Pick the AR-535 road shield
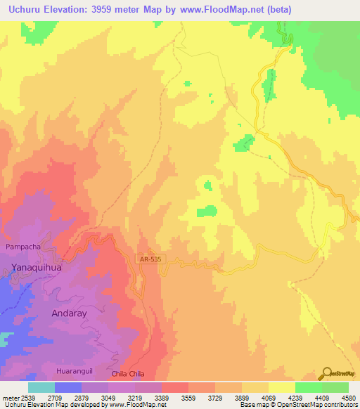click(x=147, y=259)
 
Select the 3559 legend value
click(x=187, y=397)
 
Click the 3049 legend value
click(x=108, y=397)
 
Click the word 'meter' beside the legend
click(x=10, y=397)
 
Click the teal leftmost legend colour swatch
click(x=41, y=387)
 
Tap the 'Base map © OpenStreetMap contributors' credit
click(x=298, y=405)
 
